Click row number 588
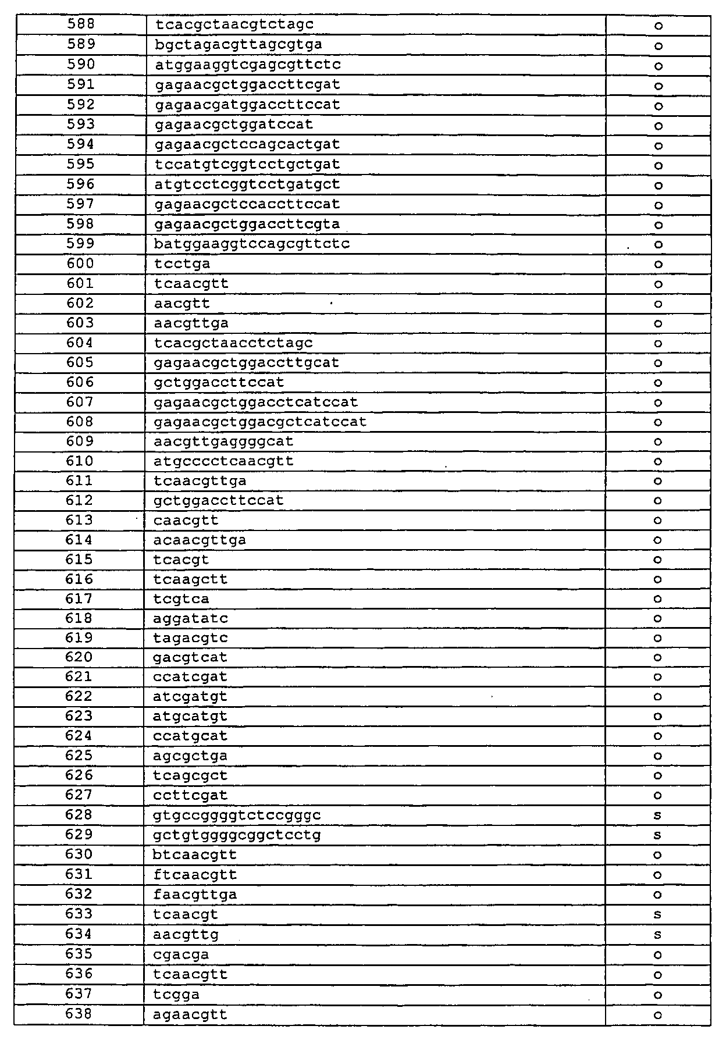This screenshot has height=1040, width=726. [81, 24]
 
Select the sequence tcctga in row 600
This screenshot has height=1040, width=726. [183, 264]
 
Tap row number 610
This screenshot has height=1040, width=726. [80, 461]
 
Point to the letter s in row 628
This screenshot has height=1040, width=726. [657, 815]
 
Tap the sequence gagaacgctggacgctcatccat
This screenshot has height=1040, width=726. [260, 422]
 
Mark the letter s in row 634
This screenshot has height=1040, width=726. [657, 935]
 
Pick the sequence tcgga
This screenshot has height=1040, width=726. [177, 995]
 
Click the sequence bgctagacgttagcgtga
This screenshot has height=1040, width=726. [239, 45]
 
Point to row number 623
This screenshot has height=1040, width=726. [79, 716]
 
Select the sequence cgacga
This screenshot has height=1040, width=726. [181, 955]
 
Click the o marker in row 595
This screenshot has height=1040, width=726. [659, 166]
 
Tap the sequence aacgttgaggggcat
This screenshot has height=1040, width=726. [223, 441]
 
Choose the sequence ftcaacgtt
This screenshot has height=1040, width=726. [195, 875]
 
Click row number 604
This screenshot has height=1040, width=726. [80, 343]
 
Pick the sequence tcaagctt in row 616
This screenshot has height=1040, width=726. [190, 579]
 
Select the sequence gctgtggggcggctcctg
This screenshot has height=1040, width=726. [237, 835]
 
